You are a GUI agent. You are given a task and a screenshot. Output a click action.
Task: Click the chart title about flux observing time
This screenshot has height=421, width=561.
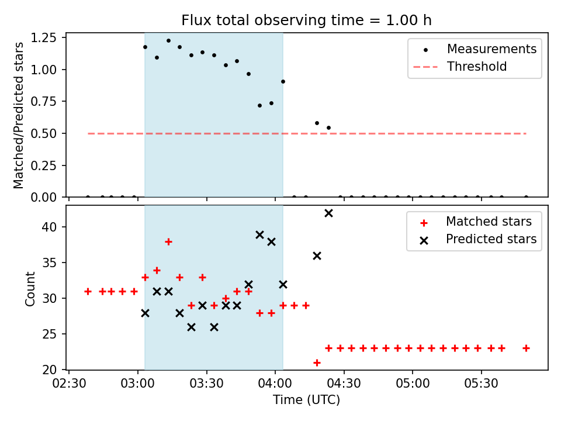306,20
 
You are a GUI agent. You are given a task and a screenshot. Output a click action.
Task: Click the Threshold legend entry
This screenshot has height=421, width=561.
460,67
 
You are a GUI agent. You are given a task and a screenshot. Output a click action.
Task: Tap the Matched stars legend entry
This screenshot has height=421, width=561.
474,222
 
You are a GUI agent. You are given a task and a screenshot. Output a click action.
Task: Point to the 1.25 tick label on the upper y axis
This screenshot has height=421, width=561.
43,37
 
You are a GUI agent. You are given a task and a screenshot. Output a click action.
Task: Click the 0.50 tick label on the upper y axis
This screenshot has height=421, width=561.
43,133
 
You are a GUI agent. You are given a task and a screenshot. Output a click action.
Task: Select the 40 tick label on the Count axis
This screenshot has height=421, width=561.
49,227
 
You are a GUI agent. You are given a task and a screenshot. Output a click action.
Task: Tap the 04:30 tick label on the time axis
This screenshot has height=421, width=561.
344,384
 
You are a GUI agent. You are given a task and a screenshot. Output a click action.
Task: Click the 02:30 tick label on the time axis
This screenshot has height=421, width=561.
69,384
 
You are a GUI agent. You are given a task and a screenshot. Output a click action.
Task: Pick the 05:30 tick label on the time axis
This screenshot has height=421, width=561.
481,384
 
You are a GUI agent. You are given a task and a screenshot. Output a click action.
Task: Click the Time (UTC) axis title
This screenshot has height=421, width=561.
307,399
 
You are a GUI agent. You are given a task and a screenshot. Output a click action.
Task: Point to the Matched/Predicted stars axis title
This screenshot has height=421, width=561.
18,115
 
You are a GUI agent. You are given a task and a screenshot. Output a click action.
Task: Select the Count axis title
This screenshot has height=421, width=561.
30,288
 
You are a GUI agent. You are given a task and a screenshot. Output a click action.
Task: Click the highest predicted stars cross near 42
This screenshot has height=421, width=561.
328,213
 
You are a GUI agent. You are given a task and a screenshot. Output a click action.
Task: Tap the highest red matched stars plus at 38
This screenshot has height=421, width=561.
168,242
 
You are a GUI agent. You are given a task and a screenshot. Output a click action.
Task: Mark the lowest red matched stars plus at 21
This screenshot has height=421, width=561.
317,363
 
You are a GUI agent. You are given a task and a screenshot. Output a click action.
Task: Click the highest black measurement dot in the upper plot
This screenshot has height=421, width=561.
168,41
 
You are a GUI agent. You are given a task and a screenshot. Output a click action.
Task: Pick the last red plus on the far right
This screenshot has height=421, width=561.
526,348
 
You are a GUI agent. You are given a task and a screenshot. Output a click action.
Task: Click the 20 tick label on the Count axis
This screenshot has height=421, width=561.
49,370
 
